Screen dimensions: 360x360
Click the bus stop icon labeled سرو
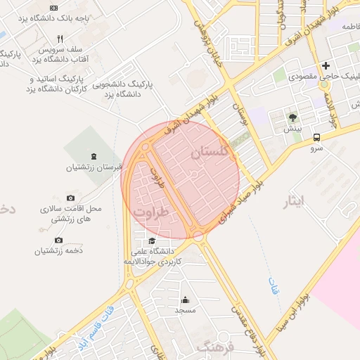point(316,138)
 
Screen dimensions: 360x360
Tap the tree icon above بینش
point(292,117)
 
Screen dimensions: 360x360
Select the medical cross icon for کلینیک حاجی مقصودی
point(326,65)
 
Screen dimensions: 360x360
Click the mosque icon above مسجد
point(186,300)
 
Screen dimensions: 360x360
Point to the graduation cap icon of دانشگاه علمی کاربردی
point(153,241)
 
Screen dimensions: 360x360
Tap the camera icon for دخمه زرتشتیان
point(58,240)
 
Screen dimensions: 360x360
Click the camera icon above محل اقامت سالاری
point(70,199)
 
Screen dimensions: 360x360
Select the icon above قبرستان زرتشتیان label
point(94,155)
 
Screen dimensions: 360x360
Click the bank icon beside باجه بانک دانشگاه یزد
point(53,7)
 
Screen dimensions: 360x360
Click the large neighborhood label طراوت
point(153,212)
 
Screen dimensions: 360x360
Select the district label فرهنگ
point(214,347)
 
